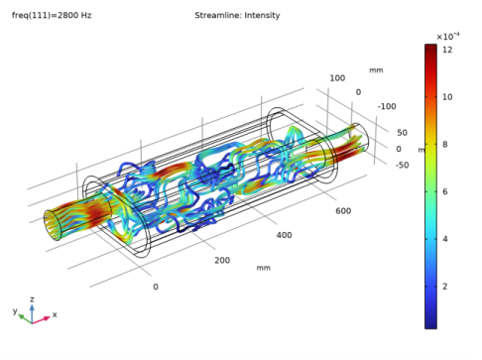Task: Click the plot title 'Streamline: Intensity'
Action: pyautogui.click(x=237, y=15)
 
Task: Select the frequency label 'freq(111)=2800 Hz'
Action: pyautogui.click(x=52, y=15)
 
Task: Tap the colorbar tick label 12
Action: pyautogui.click(x=447, y=50)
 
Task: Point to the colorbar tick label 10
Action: pyautogui.click(x=447, y=97)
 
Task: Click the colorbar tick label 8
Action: pyautogui.click(x=445, y=144)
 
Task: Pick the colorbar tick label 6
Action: pyautogui.click(x=445, y=191)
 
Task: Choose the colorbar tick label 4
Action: pyautogui.click(x=445, y=239)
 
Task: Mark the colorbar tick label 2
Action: pyautogui.click(x=445, y=286)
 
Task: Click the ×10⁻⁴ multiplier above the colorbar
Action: pyautogui.click(x=448, y=36)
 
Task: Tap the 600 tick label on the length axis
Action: pyautogui.click(x=343, y=211)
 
